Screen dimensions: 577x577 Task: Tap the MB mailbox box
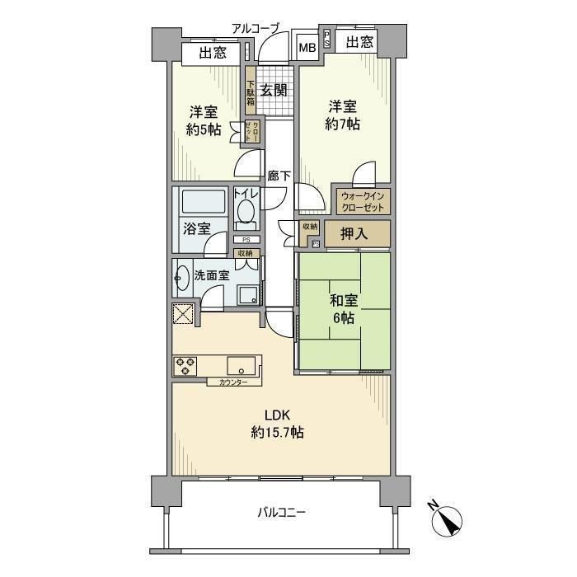307,48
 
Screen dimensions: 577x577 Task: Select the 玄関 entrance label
274,91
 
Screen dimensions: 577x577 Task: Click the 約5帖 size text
203,129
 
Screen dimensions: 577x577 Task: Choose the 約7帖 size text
342,124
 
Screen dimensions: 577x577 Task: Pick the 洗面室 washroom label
212,275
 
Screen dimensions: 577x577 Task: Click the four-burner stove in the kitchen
185,366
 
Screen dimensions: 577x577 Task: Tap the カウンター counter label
233,382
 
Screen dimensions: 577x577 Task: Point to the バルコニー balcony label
280,513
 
